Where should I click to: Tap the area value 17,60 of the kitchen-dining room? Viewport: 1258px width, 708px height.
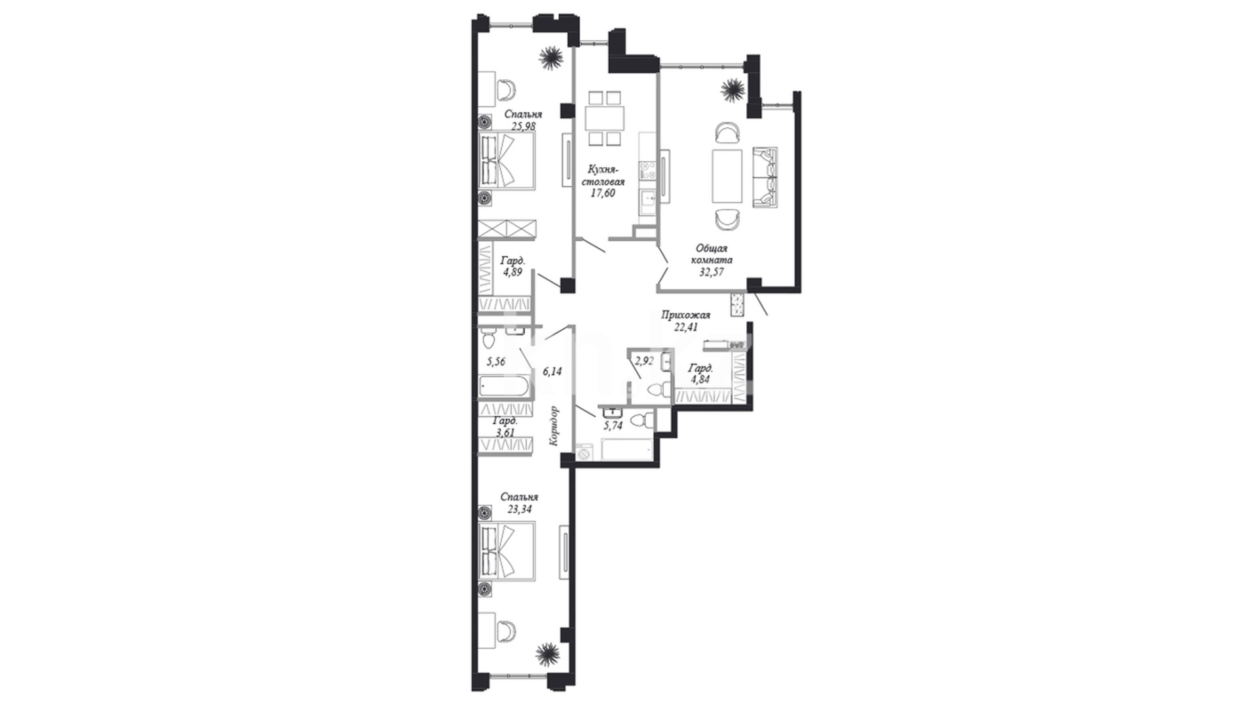(603, 193)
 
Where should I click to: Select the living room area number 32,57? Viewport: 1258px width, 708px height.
(711, 272)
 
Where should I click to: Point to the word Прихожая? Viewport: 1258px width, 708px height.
(685, 315)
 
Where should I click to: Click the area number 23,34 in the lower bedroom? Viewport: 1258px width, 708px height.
(519, 508)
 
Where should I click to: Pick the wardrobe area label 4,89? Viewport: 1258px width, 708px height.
(512, 272)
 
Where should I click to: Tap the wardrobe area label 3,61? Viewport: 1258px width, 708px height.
(505, 433)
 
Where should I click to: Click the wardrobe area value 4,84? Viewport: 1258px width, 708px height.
(700, 380)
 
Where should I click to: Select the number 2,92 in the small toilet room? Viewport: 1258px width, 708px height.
(644, 360)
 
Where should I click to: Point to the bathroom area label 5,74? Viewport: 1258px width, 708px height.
(613, 425)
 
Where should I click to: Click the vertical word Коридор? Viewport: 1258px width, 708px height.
(554, 426)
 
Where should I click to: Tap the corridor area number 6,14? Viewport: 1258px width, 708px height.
(552, 371)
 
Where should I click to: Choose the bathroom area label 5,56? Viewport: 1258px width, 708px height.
(495, 361)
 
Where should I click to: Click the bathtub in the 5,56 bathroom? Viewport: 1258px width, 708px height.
(504, 386)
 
